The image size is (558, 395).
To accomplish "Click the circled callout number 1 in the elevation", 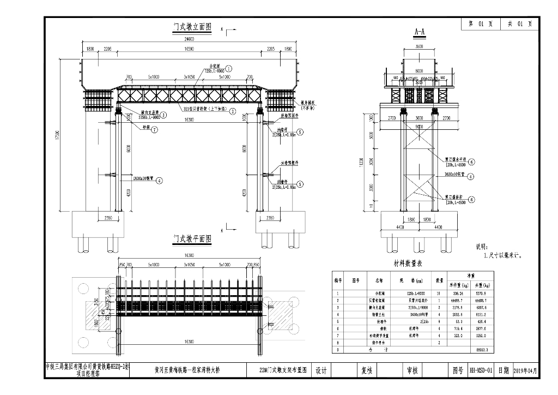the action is click(x=229, y=69).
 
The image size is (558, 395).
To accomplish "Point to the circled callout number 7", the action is click(x=155, y=130).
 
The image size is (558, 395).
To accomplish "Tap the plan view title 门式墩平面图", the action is click(x=192, y=239).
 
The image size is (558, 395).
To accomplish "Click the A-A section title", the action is click(x=420, y=33).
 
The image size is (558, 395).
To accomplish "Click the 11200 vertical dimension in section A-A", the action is click(x=360, y=164).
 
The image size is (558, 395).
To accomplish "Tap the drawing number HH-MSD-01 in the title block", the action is click(x=481, y=370).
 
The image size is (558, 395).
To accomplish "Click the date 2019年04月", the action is click(x=529, y=370).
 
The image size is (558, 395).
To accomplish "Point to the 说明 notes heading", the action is click(x=484, y=247).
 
